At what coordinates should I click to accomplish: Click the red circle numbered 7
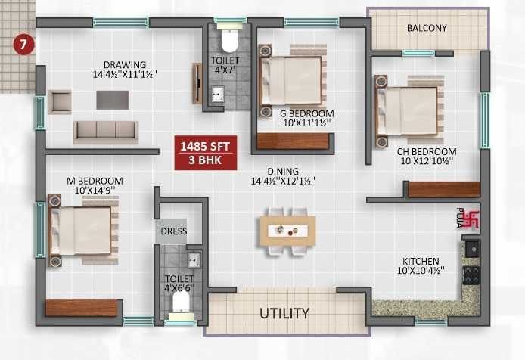[23, 45]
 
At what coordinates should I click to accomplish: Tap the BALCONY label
[427, 28]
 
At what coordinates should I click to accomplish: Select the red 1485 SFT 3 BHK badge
[206, 153]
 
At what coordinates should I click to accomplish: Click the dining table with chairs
[288, 231]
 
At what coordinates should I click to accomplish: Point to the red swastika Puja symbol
[473, 219]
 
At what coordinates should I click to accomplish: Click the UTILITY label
[284, 313]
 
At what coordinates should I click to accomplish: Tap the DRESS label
[173, 231]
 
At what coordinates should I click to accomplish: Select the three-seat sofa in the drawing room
[106, 132]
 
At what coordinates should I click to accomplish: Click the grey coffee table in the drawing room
[113, 100]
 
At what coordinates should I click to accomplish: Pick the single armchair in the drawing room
[60, 102]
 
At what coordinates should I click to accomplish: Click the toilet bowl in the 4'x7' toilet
[230, 40]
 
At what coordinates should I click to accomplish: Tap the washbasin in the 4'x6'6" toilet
[194, 260]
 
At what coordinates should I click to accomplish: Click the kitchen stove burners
[471, 275]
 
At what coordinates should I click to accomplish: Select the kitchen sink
[473, 249]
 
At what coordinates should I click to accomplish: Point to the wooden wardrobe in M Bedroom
[82, 308]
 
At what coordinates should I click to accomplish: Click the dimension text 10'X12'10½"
[427, 161]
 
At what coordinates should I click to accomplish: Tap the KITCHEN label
[421, 261]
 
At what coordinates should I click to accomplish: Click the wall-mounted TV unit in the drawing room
[197, 83]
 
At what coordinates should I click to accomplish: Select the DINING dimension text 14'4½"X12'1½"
[283, 182]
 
